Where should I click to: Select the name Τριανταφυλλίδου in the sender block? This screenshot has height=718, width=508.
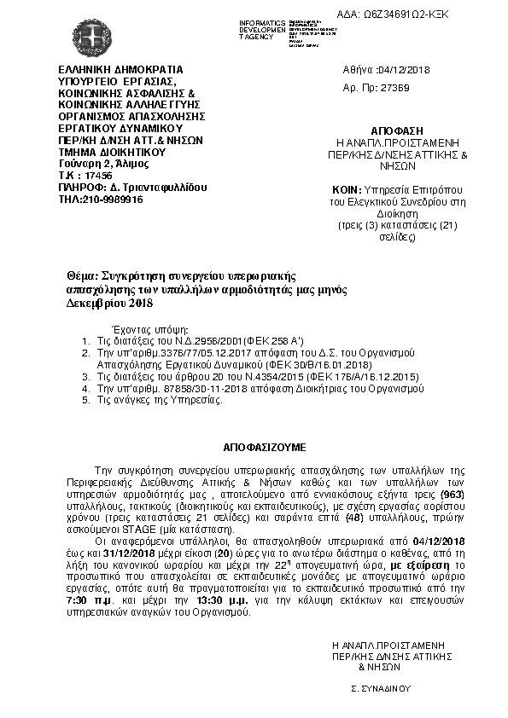coord(161,187)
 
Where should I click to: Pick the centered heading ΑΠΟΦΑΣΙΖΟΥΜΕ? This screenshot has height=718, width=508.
coord(254,446)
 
